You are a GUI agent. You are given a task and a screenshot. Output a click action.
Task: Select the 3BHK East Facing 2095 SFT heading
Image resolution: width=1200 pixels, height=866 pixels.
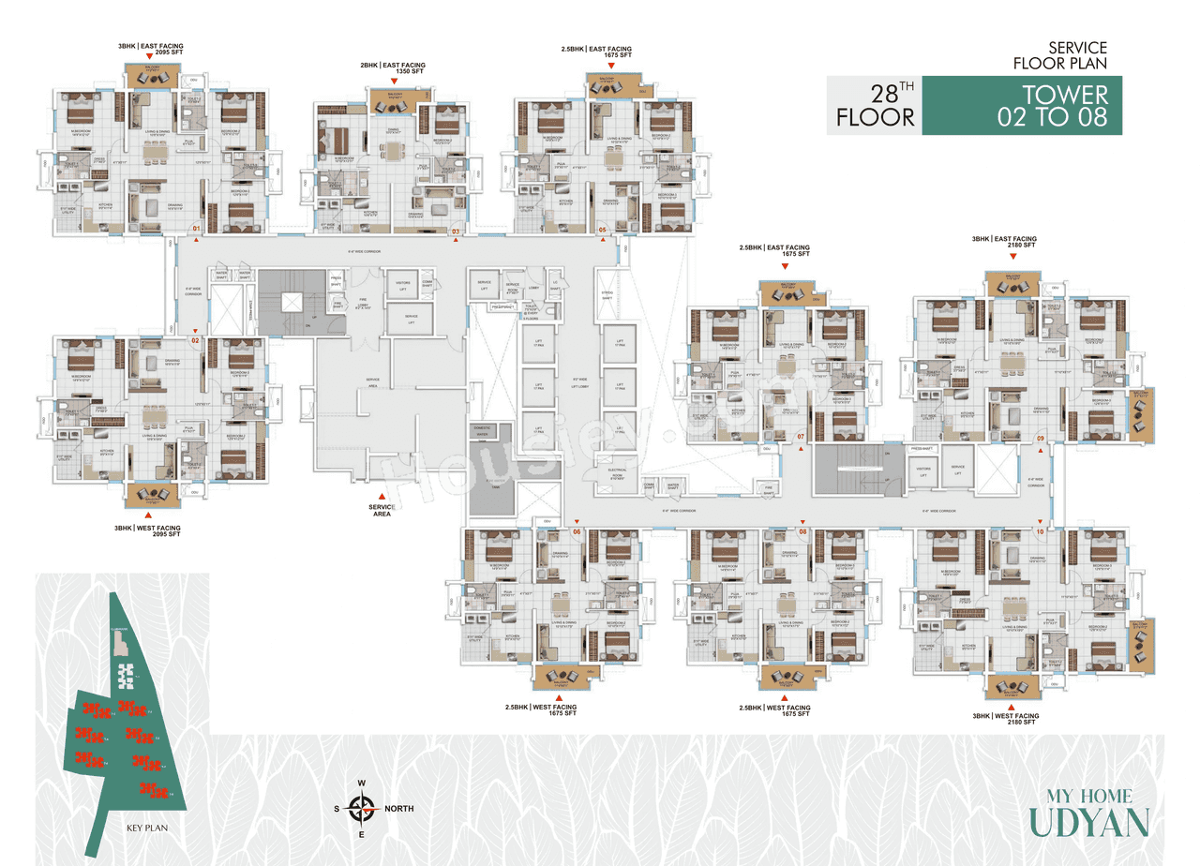tap(150, 49)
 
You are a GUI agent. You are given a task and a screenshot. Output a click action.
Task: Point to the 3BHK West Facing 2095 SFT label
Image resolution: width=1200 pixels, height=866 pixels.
tap(147, 531)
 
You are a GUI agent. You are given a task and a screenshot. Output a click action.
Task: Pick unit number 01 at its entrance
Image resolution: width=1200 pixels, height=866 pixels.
tap(196, 229)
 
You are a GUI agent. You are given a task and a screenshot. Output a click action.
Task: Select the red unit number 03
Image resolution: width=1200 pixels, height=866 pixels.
tap(457, 231)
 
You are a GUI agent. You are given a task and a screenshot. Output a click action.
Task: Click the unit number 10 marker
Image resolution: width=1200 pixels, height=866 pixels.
tap(1040, 531)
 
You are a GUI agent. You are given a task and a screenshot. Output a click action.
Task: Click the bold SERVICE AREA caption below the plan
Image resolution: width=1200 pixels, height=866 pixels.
tap(382, 511)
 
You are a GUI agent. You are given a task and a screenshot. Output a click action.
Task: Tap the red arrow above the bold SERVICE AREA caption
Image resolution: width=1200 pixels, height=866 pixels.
tap(382, 496)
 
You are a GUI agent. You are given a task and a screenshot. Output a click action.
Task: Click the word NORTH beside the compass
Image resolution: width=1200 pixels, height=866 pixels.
tap(398, 808)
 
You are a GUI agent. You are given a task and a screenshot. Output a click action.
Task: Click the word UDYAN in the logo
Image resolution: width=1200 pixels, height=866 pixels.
tap(1088, 822)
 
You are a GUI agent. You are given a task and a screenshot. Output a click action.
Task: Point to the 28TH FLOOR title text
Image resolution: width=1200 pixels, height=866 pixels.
tap(876, 106)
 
